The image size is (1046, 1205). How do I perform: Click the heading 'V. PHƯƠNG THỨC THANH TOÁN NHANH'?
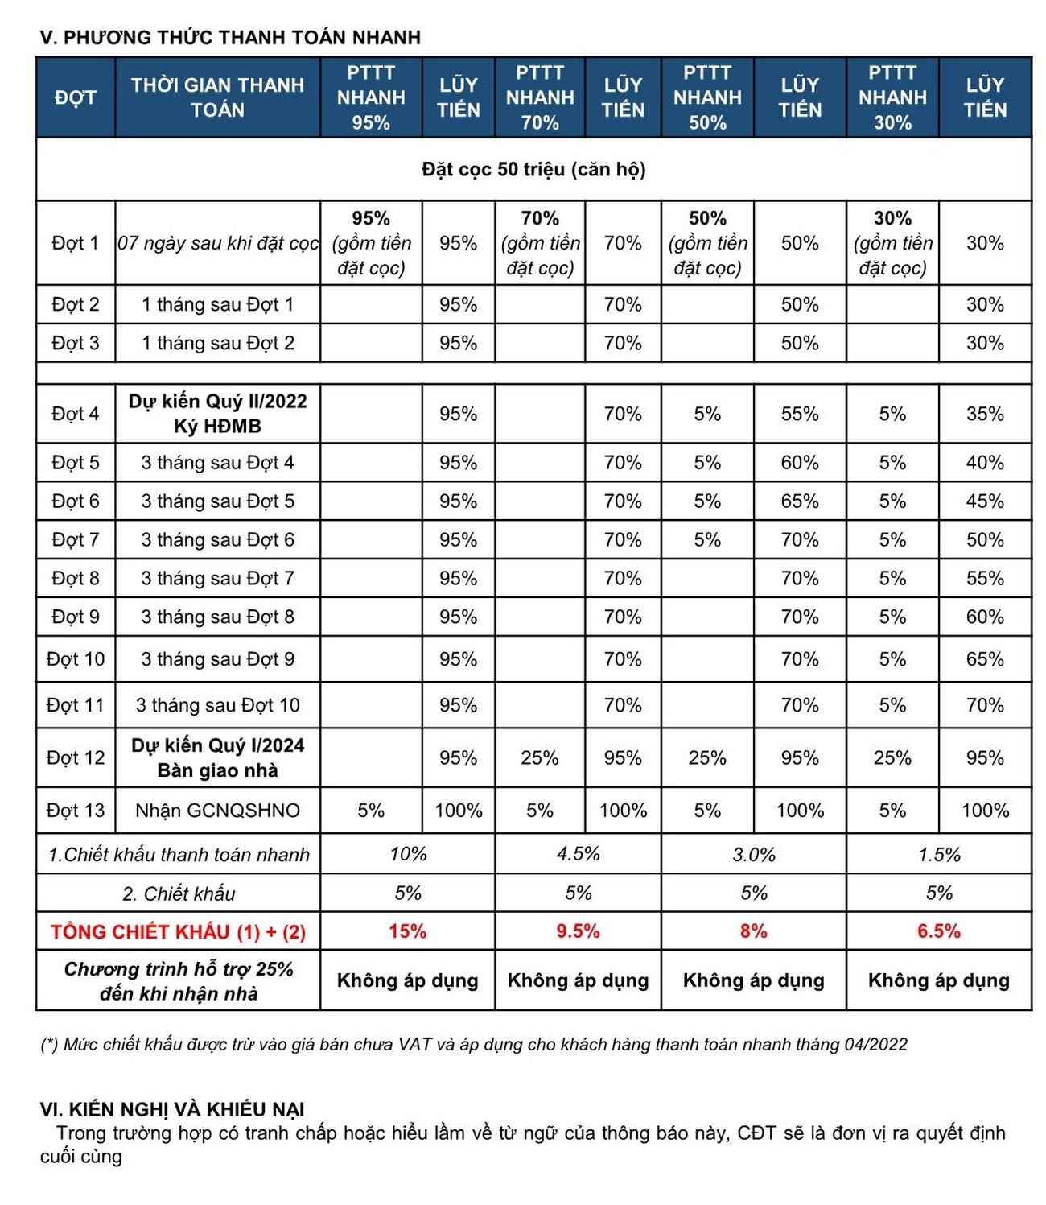(x=230, y=37)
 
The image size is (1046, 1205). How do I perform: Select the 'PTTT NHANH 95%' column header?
(x=370, y=97)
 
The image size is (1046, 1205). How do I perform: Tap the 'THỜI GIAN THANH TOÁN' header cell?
(x=217, y=97)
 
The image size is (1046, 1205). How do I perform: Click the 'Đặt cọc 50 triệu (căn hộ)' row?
(x=533, y=169)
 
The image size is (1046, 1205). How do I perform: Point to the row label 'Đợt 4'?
(x=75, y=414)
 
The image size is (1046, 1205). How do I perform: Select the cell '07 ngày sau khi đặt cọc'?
(x=217, y=242)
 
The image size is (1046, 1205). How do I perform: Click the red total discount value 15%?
(x=407, y=931)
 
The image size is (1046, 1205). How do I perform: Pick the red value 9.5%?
(x=578, y=931)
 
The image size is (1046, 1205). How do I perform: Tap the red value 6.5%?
(x=938, y=931)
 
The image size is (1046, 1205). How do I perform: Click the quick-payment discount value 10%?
(x=407, y=854)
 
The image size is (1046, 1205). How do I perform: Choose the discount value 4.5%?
(x=578, y=854)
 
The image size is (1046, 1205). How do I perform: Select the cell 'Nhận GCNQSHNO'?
(x=217, y=811)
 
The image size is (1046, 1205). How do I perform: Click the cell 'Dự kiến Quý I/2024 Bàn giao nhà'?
(x=217, y=757)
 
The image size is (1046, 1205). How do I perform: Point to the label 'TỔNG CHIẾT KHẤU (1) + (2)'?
(x=178, y=932)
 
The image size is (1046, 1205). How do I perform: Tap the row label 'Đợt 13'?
(x=75, y=811)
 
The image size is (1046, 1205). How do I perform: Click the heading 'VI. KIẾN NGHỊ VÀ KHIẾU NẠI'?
(x=172, y=1109)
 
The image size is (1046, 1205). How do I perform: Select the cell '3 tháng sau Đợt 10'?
(x=217, y=705)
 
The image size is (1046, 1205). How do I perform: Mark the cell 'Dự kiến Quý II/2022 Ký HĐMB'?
(x=217, y=414)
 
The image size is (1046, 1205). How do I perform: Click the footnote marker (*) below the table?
(x=49, y=1045)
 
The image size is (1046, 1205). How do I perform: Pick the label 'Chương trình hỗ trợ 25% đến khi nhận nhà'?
(x=178, y=980)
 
